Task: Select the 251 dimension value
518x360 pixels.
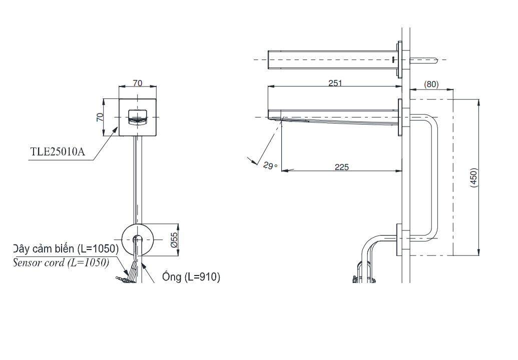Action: (x=335, y=83)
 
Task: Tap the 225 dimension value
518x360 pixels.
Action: (x=342, y=167)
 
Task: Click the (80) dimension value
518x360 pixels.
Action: (x=431, y=84)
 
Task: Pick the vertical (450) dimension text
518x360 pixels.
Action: (x=474, y=178)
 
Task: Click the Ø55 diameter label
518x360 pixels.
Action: (x=173, y=240)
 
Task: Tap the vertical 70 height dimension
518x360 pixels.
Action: (x=100, y=117)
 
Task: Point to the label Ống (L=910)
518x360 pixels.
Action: (x=191, y=277)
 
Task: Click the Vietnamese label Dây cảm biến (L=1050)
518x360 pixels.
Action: (x=65, y=249)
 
